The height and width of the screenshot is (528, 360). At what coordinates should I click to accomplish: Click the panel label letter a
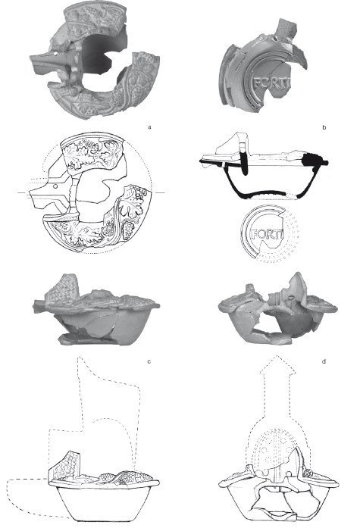coord(149,127)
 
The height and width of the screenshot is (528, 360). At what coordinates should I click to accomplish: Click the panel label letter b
coord(324,127)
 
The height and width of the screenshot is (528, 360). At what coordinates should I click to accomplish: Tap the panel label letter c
coord(149,361)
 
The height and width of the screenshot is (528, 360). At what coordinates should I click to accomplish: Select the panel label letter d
coord(324,361)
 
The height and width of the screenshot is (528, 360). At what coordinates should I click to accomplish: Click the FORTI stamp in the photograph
coord(271,83)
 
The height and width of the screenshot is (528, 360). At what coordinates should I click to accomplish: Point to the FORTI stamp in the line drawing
coord(268,234)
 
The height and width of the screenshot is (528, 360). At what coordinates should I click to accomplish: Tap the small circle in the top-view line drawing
coord(55,186)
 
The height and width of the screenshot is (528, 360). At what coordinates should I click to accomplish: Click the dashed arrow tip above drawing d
coord(277,356)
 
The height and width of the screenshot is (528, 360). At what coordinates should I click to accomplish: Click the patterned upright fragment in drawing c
coord(64,465)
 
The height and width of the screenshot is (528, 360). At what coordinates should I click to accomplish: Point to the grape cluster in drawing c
coord(106,476)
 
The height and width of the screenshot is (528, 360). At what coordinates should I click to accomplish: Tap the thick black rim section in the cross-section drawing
coord(313,160)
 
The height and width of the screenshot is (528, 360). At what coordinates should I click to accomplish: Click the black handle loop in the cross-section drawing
coord(244,164)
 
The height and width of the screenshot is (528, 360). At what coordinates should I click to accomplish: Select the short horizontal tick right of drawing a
coord(160,192)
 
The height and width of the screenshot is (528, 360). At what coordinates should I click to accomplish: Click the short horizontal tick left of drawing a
coord(21,192)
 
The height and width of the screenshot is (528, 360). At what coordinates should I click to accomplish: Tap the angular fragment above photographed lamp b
coord(285,27)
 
